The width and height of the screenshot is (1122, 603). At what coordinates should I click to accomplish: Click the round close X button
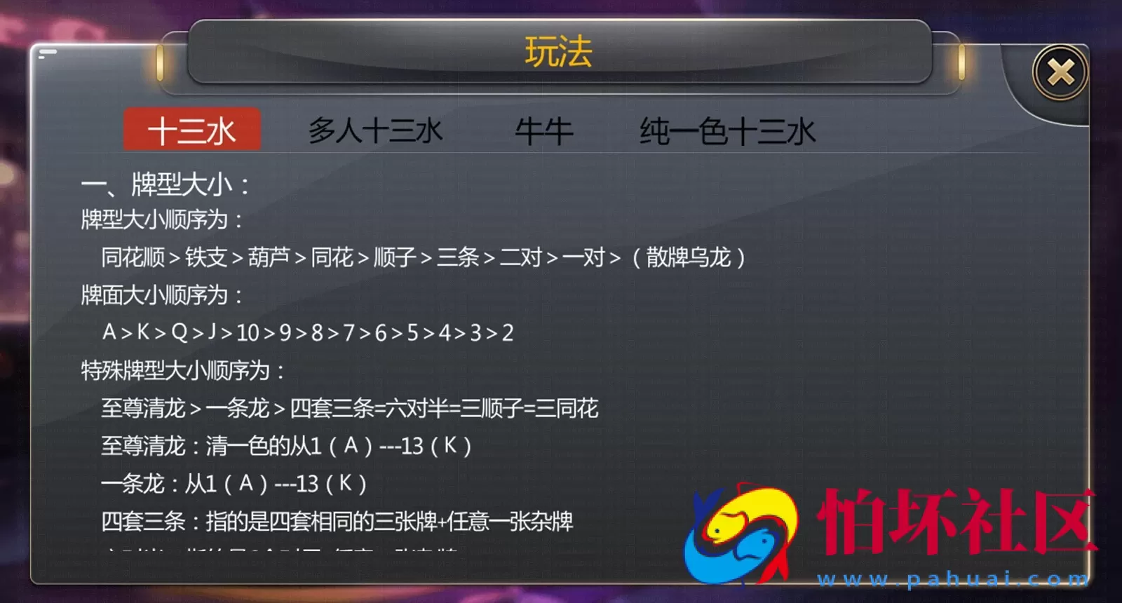1060,72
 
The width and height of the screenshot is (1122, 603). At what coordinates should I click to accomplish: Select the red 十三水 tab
191,130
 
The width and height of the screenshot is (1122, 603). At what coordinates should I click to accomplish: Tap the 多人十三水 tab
376,131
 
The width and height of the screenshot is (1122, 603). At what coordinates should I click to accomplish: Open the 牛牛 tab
544,131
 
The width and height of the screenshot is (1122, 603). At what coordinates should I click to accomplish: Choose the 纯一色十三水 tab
727,131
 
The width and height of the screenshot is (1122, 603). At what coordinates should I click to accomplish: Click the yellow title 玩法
559,53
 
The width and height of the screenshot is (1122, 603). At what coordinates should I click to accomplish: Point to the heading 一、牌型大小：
165,185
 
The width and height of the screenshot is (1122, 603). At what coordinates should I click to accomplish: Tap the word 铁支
206,258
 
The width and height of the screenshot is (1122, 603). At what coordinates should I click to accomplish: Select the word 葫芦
269,258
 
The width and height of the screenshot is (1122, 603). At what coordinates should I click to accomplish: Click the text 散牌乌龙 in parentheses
688,258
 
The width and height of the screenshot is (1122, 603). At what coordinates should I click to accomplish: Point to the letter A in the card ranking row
109,332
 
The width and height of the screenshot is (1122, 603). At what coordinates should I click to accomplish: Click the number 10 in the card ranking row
248,332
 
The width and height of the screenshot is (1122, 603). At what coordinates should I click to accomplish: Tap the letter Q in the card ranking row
180,332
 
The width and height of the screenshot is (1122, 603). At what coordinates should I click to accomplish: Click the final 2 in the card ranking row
508,332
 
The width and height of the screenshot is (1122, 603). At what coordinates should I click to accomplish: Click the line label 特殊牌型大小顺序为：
183,370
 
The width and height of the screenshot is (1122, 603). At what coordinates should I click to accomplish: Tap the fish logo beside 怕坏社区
742,533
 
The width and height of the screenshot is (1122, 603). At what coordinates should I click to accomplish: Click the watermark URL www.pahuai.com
953,579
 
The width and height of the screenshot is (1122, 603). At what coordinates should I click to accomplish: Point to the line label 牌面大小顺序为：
162,295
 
